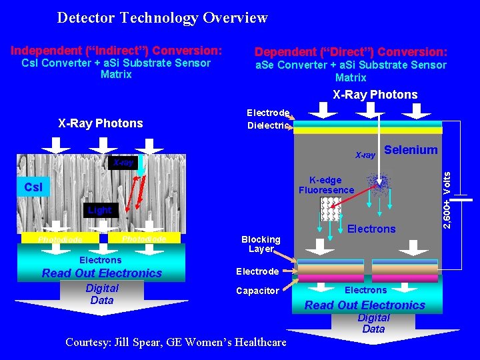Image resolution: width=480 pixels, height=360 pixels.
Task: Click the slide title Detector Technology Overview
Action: pos(162,18)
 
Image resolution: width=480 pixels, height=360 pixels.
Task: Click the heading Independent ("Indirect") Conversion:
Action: pos(116,50)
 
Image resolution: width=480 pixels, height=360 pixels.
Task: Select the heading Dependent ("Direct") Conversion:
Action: pos(351,51)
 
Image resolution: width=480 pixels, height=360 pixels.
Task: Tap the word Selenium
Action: pos(411,150)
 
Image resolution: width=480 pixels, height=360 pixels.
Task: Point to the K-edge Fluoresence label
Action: pos(326,185)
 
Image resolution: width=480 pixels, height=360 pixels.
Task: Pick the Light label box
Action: pos(100,211)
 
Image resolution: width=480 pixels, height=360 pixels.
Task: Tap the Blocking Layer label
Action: pos(261,244)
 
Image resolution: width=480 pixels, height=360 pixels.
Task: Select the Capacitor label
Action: pos(258,291)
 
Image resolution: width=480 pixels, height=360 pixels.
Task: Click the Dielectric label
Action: pos(268,125)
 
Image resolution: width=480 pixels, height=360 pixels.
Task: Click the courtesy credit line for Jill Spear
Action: pos(176,342)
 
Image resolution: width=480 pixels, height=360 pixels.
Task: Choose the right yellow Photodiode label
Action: pos(145,239)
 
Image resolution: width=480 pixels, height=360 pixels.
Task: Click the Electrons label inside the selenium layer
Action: pos(371,229)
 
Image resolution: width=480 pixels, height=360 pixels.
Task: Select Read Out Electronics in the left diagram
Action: pos(102,273)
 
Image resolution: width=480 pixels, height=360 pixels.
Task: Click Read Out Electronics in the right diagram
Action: pos(365,305)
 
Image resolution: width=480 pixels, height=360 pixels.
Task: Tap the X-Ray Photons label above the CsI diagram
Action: pos(101,123)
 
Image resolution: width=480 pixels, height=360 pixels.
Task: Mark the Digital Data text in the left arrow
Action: pos(102,294)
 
